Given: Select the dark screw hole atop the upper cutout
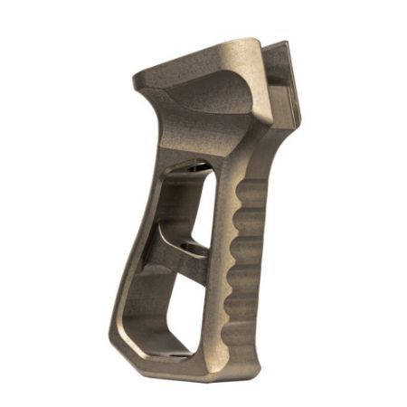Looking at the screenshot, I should click(x=185, y=168).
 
